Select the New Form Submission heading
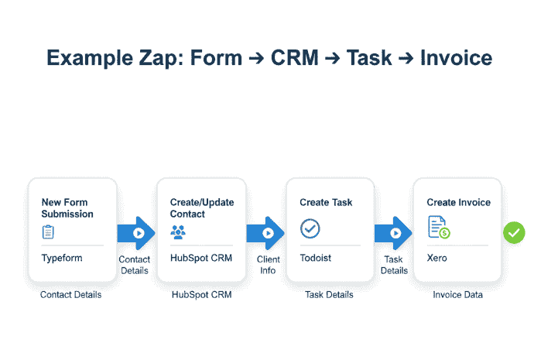pos(67,207)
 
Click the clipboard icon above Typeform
pos(48,231)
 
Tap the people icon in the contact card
pos(180,231)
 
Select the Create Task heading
pos(326,202)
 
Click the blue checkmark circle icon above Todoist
pos(310,228)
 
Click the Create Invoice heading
pos(458,202)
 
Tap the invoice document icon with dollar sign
pos(439,228)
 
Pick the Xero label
pos(437,258)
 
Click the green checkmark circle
pos(514,232)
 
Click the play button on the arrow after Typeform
pos(139,232)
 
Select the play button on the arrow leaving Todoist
pos(396,232)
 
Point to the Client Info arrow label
pos(267,265)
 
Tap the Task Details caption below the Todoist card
pos(329,294)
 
